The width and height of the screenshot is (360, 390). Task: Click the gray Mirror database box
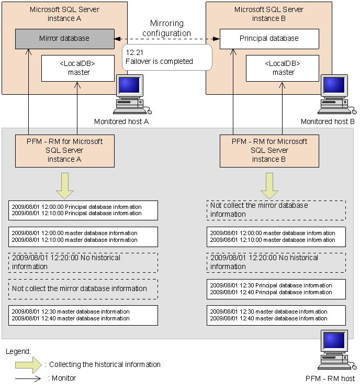(x=64, y=39)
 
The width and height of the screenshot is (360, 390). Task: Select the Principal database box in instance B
(x=269, y=39)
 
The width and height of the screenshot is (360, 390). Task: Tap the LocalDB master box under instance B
(x=283, y=68)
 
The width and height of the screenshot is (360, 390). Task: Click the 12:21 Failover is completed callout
(x=166, y=57)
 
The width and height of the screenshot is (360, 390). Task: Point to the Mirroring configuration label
(x=166, y=28)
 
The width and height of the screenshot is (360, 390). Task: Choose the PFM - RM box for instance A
(x=64, y=150)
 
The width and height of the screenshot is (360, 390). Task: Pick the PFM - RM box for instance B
(x=269, y=150)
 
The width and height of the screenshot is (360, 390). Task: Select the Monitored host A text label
(x=121, y=121)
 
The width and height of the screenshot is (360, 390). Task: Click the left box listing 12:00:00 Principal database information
(x=83, y=210)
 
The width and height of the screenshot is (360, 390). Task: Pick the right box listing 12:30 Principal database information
(x=276, y=289)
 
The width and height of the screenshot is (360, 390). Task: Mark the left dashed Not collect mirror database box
(x=83, y=288)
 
